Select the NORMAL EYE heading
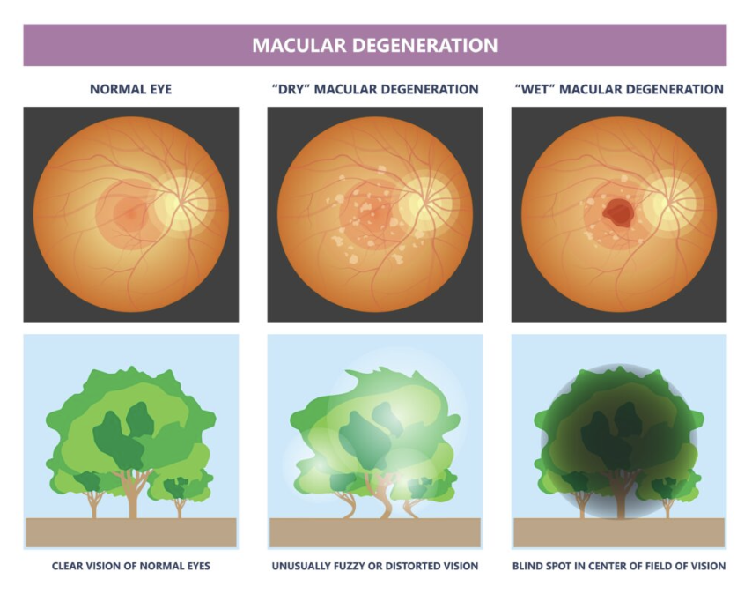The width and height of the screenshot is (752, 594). (130, 89)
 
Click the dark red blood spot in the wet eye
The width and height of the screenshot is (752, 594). (618, 212)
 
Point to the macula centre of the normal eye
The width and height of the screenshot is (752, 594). (129, 212)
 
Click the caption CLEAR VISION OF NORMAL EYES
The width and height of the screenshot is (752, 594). (130, 566)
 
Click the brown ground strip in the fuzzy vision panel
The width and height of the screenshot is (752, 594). (374, 532)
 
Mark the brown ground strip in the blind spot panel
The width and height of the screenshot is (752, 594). (618, 532)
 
